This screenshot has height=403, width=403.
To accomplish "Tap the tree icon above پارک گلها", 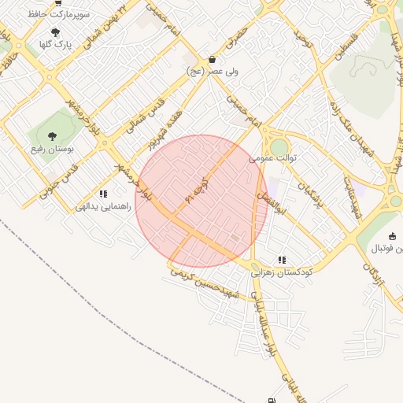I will (55, 32).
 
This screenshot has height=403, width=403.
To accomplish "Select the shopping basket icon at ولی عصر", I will (212, 59).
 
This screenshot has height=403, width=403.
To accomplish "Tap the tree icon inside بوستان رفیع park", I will (52, 136).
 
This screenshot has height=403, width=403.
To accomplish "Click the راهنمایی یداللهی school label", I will (102, 206).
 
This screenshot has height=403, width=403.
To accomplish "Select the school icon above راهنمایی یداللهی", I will (102, 194).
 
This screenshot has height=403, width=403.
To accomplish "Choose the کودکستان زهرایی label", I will (282, 272).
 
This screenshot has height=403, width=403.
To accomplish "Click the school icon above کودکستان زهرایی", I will (282, 260).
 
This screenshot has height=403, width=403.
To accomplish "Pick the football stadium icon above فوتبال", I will (393, 236).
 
